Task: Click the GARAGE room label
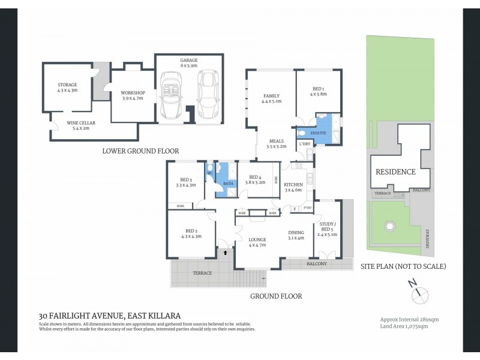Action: pos(189,60)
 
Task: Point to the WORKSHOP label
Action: pos(133,92)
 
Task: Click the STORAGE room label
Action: pos(67,85)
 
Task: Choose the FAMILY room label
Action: pos(272,96)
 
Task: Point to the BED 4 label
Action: pos(255,177)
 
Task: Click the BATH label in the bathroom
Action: pos(228,184)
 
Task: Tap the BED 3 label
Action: pos(186,180)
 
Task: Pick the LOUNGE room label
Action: pos(257,240)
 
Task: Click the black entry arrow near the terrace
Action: pos(225,253)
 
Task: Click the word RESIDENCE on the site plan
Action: pos(395,172)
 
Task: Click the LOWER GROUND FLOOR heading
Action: pos(140,151)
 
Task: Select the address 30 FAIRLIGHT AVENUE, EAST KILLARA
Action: pos(109,315)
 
